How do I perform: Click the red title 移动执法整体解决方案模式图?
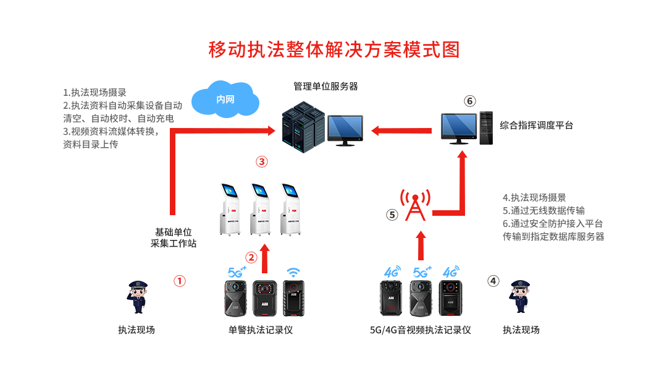(334, 49)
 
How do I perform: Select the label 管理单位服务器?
(325, 86)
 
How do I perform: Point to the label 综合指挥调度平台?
(536, 125)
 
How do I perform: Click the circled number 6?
(470, 101)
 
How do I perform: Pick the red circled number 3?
(261, 162)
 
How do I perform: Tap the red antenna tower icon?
(416, 205)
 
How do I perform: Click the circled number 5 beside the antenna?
(392, 215)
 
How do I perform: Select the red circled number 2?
(251, 257)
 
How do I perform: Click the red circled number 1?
(179, 281)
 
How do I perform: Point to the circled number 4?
(493, 281)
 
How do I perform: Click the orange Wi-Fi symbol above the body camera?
(293, 272)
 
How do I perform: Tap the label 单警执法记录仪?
(260, 330)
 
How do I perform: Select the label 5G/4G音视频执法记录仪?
(420, 330)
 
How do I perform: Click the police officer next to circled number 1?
(137, 297)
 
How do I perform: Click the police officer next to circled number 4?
(521, 297)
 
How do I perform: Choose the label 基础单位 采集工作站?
(174, 237)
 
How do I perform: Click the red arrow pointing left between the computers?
(401, 130)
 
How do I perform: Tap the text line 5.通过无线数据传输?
(543, 210)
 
